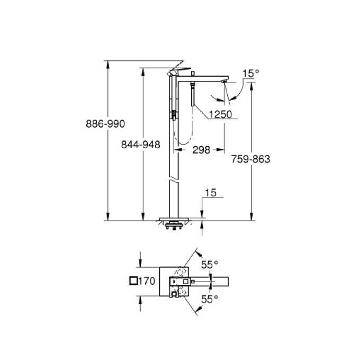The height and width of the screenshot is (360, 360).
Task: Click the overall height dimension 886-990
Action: [x=105, y=124]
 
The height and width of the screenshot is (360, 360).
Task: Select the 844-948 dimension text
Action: [x=141, y=144]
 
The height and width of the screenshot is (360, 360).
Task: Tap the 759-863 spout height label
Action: [x=250, y=159]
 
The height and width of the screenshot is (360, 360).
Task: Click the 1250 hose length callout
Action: [x=219, y=113]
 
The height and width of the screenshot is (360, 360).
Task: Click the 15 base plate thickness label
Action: [x=210, y=194]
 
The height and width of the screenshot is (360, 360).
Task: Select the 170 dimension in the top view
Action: [x=147, y=281]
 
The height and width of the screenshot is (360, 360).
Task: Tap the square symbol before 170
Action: [x=133, y=281]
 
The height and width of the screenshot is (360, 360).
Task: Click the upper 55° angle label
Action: [x=209, y=263]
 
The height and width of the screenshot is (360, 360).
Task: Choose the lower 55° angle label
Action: [x=209, y=299]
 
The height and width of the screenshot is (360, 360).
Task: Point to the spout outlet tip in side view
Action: [x=224, y=83]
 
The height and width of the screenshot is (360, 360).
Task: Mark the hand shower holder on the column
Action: [x=173, y=114]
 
